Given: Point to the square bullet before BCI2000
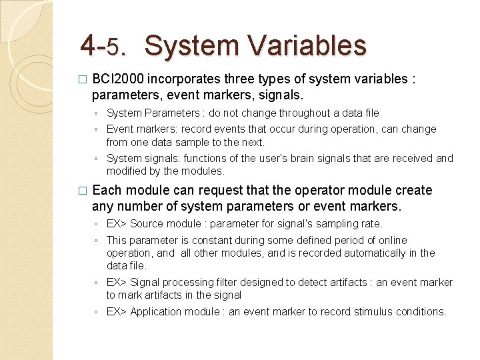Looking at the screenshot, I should pos(82,79).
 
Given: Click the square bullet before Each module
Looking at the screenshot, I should pos(82,191).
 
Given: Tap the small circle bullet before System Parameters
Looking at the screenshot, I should pos(97,114).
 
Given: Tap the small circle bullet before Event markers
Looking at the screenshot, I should pos(97,130).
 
